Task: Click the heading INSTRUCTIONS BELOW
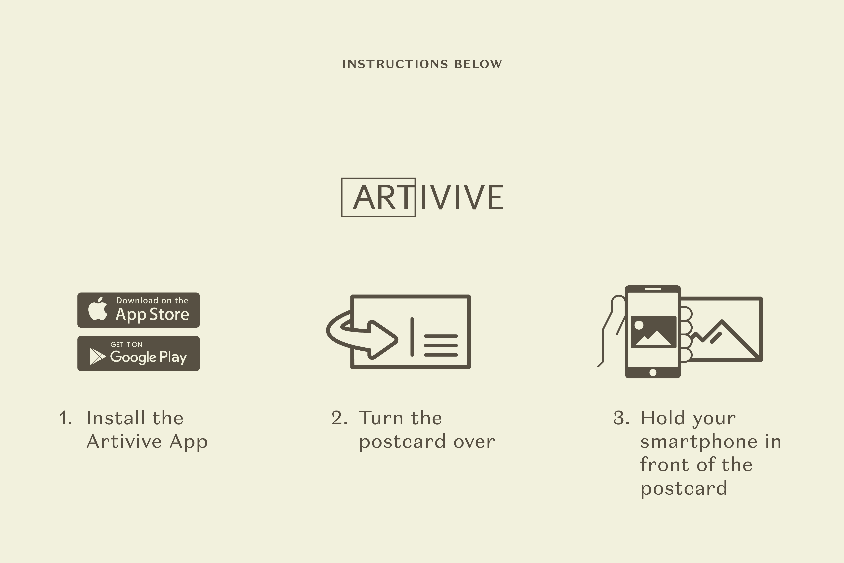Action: pyautogui.click(x=422, y=64)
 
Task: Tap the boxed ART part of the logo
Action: pyautogui.click(x=378, y=197)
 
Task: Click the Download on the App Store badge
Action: pyautogui.click(x=139, y=310)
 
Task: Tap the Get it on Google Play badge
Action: pyautogui.click(x=139, y=353)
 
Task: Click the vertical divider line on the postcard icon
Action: pyautogui.click(x=412, y=337)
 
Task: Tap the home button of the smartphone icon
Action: pyautogui.click(x=653, y=372)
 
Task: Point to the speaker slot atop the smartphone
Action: pyautogui.click(x=653, y=289)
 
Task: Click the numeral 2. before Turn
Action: pyautogui.click(x=339, y=418)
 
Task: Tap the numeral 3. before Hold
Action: pyautogui.click(x=621, y=418)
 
